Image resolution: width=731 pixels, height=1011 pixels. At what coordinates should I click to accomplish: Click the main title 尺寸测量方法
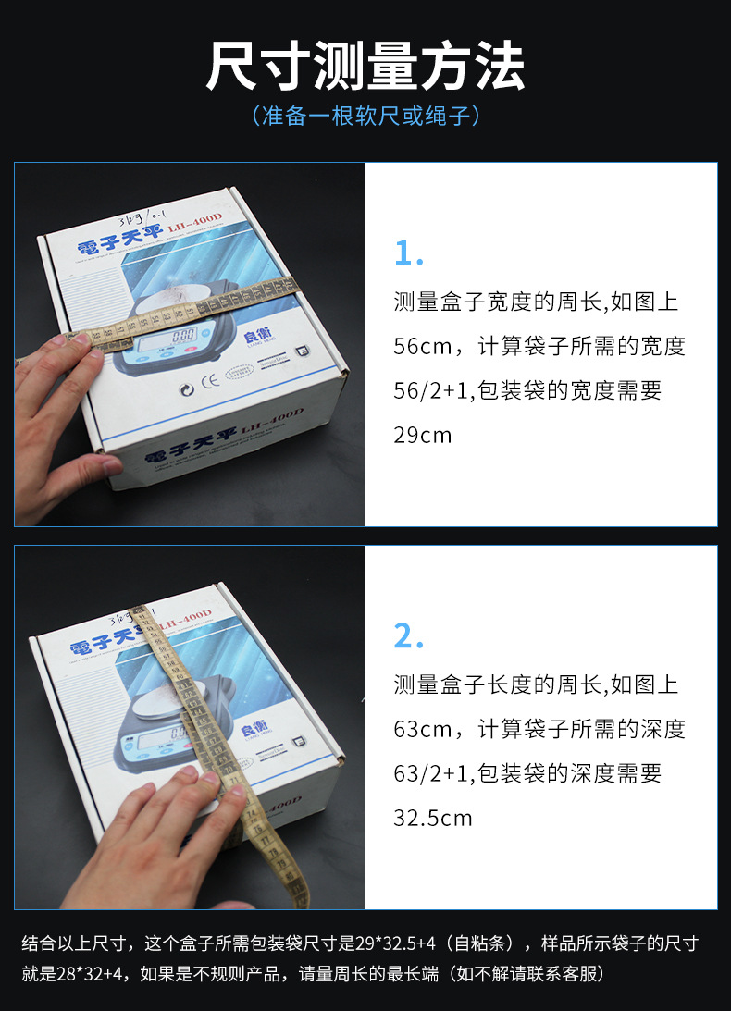tap(365, 67)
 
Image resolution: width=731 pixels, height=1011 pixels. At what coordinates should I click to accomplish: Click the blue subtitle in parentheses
tap(365, 117)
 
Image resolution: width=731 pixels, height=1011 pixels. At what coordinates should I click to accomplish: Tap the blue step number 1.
tap(408, 253)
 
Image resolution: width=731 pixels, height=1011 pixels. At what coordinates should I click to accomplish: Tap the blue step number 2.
tap(409, 636)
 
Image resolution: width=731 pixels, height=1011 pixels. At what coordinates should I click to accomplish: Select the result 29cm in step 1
tap(423, 435)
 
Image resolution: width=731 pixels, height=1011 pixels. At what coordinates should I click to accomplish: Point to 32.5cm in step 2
tap(433, 818)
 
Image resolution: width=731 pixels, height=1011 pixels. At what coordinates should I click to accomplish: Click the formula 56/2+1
tap(446, 390)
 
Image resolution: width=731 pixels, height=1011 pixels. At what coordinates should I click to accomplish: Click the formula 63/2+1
tap(446, 774)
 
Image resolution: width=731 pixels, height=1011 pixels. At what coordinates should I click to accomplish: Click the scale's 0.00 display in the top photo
tap(184, 336)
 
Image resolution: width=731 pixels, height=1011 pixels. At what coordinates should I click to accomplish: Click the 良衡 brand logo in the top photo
tap(251, 336)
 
